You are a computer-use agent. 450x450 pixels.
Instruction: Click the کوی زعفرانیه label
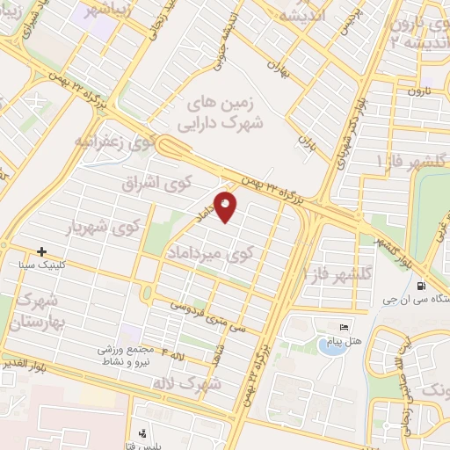pos(115,140)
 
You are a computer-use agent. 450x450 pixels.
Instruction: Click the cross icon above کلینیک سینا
pos(41,252)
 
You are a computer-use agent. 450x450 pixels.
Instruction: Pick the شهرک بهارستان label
pos(34,311)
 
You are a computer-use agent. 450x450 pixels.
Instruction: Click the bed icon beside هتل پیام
pos(344,327)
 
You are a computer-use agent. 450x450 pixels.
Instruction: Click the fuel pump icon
pos(423,285)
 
